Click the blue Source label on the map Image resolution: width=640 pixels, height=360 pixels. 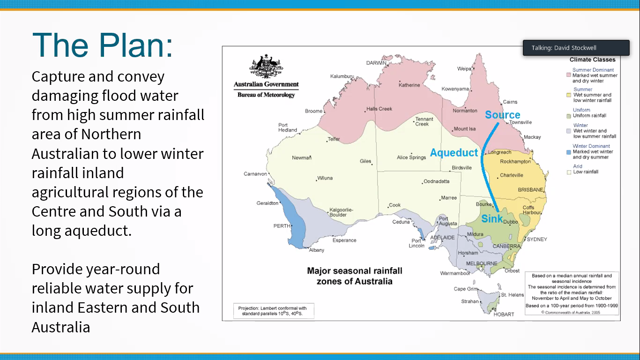(x=503, y=115)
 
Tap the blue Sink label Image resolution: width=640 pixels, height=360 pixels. (x=492, y=219)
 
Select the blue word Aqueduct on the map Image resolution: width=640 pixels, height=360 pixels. (x=454, y=153)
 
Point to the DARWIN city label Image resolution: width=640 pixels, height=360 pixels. (x=376, y=63)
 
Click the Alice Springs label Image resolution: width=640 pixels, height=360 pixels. (x=411, y=157)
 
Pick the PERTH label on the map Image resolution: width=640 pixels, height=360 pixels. (x=282, y=226)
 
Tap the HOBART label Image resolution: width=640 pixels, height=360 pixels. (x=504, y=314)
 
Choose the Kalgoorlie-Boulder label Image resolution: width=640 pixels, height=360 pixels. (x=341, y=212)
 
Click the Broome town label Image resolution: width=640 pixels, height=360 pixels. (x=313, y=111)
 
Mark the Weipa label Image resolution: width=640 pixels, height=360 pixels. (x=464, y=68)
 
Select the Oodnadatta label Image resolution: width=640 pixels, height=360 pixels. (x=436, y=181)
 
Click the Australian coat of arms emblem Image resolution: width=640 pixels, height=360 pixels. (x=266, y=67)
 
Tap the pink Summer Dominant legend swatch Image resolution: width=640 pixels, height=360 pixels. (x=569, y=75)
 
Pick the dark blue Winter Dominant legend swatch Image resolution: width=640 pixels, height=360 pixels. (x=569, y=152)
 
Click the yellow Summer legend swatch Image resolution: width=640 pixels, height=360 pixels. (x=569, y=95)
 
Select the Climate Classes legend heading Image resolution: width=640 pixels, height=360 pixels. (x=593, y=60)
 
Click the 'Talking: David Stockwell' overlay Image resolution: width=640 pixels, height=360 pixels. (x=576, y=48)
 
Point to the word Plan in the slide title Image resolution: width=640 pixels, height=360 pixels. (x=135, y=45)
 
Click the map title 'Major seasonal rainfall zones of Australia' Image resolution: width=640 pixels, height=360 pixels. (x=355, y=276)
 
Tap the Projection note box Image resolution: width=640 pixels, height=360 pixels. (x=274, y=311)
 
